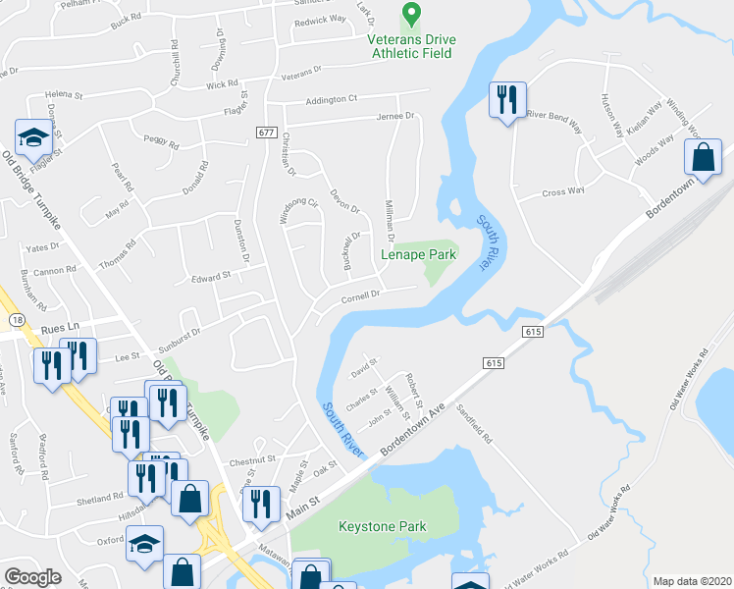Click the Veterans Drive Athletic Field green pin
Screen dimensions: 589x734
coord(412,15)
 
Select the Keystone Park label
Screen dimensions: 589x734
coord(383,526)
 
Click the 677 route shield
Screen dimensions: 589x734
coord(266,133)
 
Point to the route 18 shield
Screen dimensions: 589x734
coord(17,320)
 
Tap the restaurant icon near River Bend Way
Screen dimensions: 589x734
coord(507,100)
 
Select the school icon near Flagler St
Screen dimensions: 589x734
coord(33,138)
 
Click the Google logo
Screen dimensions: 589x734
coord(32,577)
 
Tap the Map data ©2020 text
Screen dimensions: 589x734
coord(692,581)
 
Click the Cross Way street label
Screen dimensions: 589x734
coord(563,192)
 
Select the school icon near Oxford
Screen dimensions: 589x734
coord(144,543)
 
